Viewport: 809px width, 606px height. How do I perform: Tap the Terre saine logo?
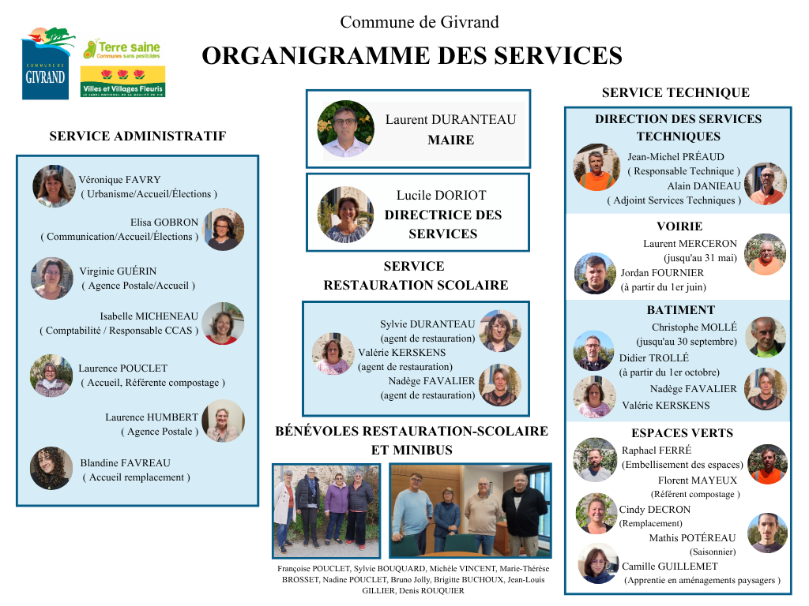[x=122, y=49]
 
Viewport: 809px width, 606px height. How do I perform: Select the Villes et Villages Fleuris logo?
[x=122, y=81]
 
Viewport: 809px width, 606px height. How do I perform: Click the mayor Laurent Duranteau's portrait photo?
[x=345, y=129]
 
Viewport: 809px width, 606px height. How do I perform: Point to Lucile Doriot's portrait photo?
[x=345, y=215]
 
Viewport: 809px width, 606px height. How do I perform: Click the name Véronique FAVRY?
[x=119, y=180]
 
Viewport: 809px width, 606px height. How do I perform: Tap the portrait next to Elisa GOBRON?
[x=223, y=230]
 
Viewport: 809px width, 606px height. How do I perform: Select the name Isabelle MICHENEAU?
[x=149, y=316]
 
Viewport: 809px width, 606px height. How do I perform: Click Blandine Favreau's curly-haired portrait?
[x=51, y=468]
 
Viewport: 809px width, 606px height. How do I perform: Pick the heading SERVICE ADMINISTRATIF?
[x=137, y=137]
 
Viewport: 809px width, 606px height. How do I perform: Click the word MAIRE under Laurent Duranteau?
[x=450, y=140]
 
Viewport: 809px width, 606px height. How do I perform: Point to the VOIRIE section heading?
[x=679, y=226]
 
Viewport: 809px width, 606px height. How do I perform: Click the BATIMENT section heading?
[x=679, y=310]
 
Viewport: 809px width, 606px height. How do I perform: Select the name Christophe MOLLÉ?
[x=694, y=327]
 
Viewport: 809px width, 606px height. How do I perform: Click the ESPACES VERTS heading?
[x=682, y=433]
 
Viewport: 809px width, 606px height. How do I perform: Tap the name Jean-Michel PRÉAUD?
[x=675, y=157]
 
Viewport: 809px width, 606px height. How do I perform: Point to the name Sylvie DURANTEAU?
[x=427, y=324]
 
